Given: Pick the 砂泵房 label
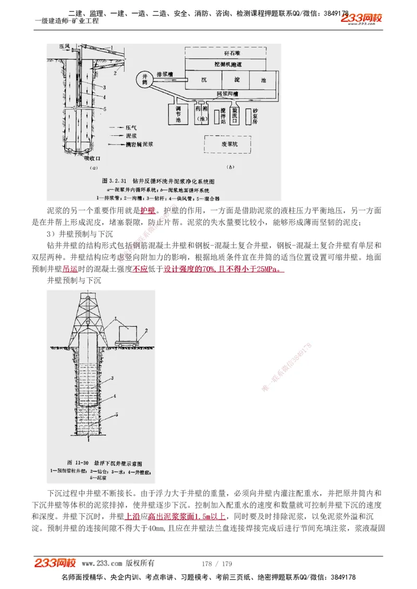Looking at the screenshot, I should [255, 114].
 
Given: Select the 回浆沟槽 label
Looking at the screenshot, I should [227, 94].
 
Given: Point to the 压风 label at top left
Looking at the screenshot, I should [65, 47].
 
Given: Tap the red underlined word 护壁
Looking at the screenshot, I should [148, 211].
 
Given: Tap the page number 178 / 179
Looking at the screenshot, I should [216, 564].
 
